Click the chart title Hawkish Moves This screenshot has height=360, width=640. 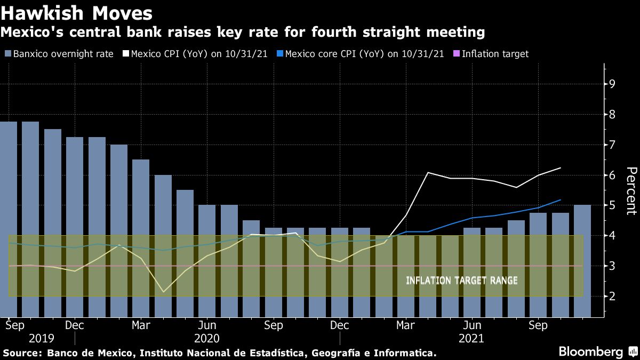tap(77, 13)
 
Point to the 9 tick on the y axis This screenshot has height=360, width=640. tap(612, 84)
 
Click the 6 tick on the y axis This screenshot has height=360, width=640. tap(612, 175)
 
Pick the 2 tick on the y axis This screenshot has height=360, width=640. tap(612, 296)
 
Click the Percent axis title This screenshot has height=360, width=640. tap(631, 190)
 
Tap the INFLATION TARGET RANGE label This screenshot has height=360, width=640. tap(461, 281)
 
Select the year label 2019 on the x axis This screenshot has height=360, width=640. tap(42, 339)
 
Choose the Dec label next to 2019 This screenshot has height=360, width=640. tap(74, 325)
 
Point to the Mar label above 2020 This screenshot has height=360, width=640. tap(141, 325)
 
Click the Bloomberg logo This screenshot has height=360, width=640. tap(591, 352)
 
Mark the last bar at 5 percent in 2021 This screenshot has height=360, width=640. tap(582, 261)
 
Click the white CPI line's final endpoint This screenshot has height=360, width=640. tap(561, 167)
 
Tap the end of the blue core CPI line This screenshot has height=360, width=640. tap(561, 200)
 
